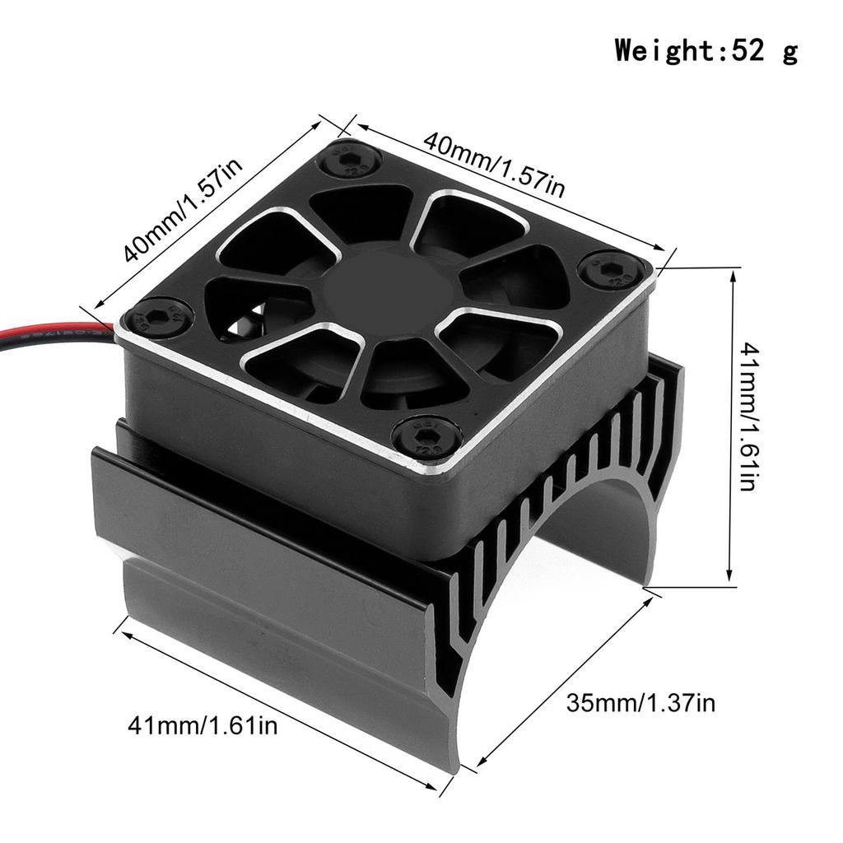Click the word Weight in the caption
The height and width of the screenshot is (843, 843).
click(666, 51)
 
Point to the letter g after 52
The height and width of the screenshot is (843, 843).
click(789, 53)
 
